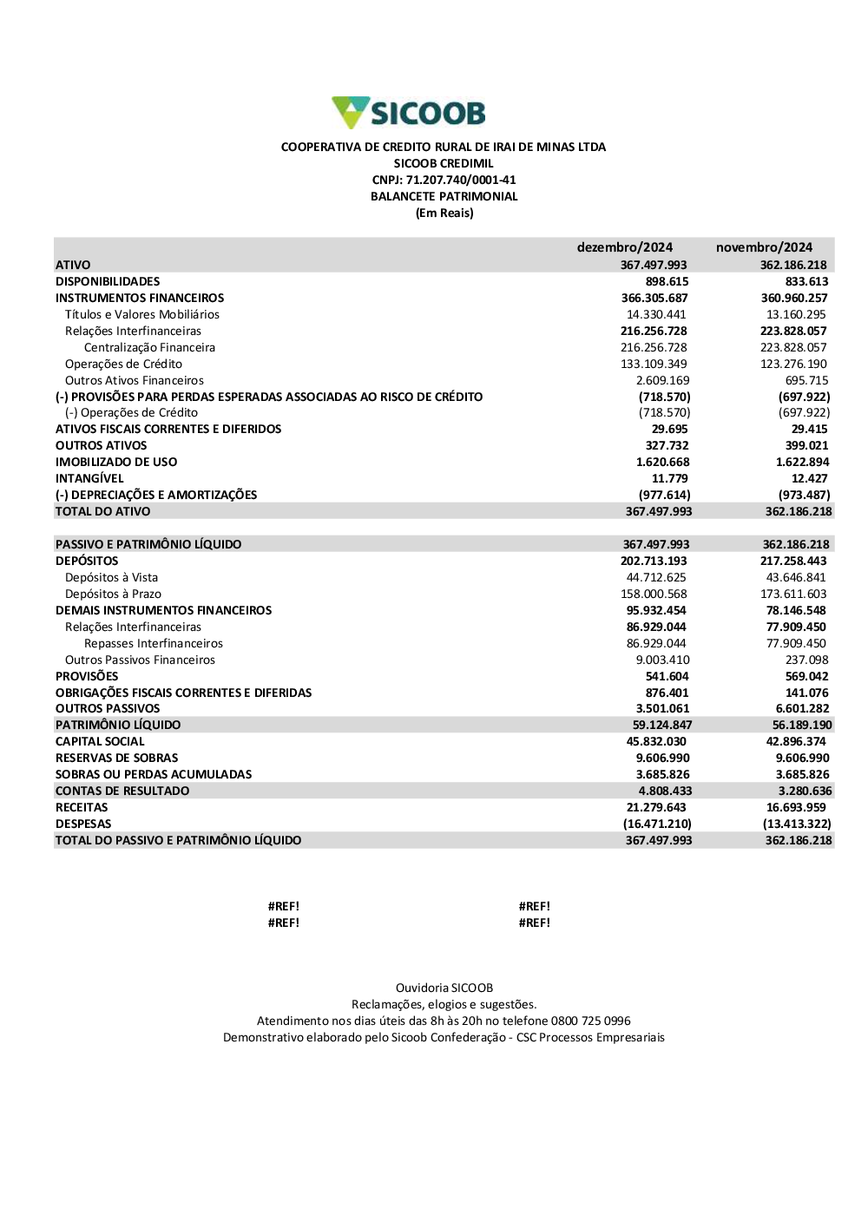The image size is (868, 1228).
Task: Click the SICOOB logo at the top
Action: coord(409,113)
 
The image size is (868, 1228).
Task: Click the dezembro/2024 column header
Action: coord(624,247)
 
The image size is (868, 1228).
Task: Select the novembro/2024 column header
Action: coord(764,247)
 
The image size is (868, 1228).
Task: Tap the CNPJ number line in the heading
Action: coord(444,180)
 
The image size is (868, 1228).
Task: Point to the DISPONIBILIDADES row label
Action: coord(108,281)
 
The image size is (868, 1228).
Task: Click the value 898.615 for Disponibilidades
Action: coord(667,281)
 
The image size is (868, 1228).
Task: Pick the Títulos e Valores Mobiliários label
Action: coord(142,314)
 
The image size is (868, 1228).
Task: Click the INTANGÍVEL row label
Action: coord(89,478)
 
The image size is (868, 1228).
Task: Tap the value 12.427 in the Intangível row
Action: coord(809,478)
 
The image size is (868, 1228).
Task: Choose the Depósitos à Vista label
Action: coord(111,577)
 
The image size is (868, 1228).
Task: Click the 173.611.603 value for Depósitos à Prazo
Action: coord(793,594)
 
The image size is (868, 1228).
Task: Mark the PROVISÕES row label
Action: coord(87,676)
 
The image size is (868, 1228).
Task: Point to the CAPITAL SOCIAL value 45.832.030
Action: coord(656,741)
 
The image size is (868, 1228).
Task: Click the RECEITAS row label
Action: coord(82,807)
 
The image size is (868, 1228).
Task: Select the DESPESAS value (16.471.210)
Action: coord(657,824)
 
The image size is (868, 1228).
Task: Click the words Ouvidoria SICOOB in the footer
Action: coord(444,988)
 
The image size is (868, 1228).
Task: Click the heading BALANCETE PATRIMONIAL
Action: coord(444,196)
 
